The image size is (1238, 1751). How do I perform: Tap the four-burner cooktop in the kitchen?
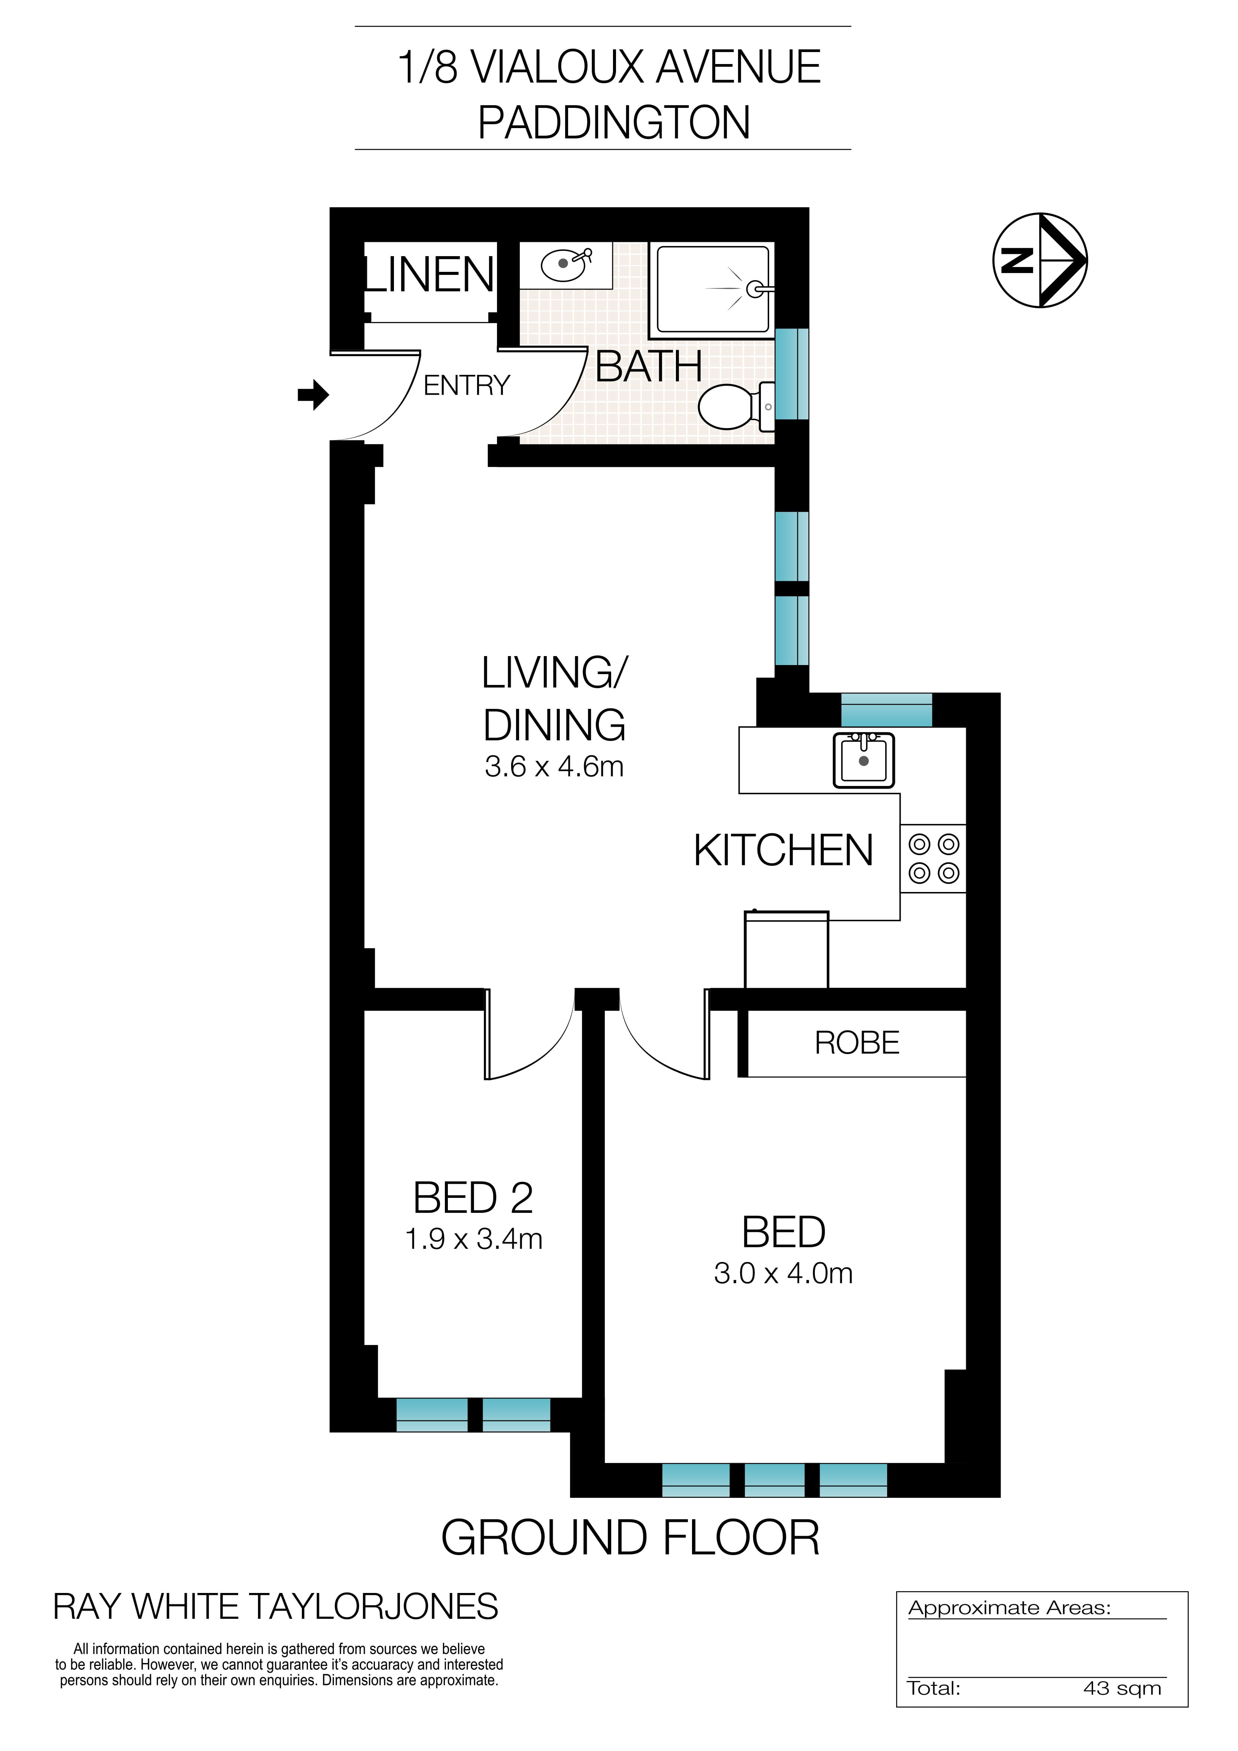(x=934, y=859)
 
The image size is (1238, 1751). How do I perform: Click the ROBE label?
(x=857, y=1043)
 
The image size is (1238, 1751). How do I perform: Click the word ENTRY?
(x=466, y=386)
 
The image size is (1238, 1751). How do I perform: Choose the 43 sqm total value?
(x=1121, y=1688)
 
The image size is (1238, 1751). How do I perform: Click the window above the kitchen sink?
(x=886, y=710)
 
